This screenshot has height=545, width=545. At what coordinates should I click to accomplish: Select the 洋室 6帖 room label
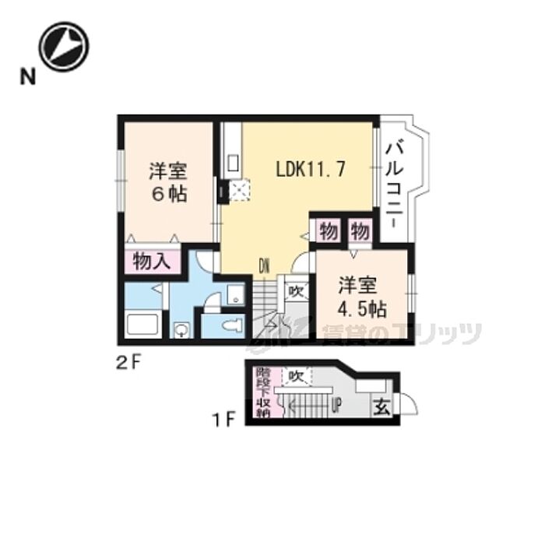(167, 182)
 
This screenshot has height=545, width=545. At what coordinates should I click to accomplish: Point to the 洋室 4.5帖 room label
(360, 297)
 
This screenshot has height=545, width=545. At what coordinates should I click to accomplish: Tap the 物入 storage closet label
(152, 262)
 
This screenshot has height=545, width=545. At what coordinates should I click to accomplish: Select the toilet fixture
(232, 325)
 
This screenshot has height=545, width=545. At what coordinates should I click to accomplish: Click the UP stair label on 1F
(337, 404)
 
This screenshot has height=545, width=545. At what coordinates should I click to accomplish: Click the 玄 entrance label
(382, 405)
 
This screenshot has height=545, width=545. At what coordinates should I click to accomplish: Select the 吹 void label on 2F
(296, 291)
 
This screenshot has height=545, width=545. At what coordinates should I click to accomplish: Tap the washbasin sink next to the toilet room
(234, 293)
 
